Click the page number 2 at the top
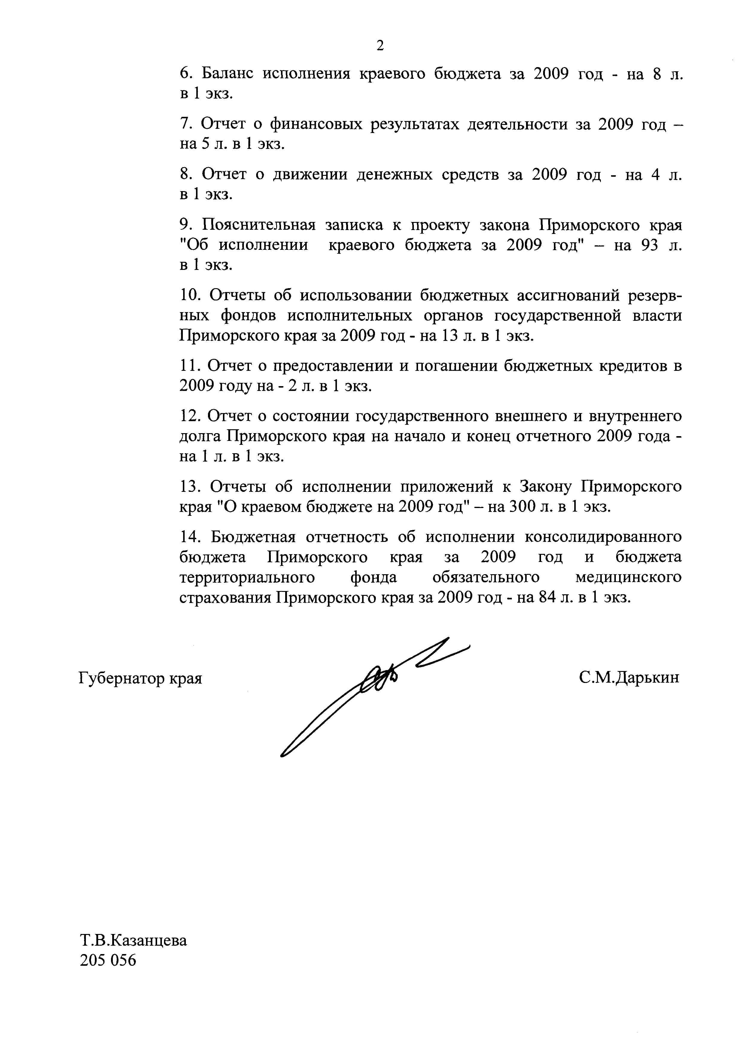coord(380,46)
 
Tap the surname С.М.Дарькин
coord(629,678)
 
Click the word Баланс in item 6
coord(227,74)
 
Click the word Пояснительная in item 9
coord(259,225)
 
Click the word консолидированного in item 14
coord(603,537)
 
